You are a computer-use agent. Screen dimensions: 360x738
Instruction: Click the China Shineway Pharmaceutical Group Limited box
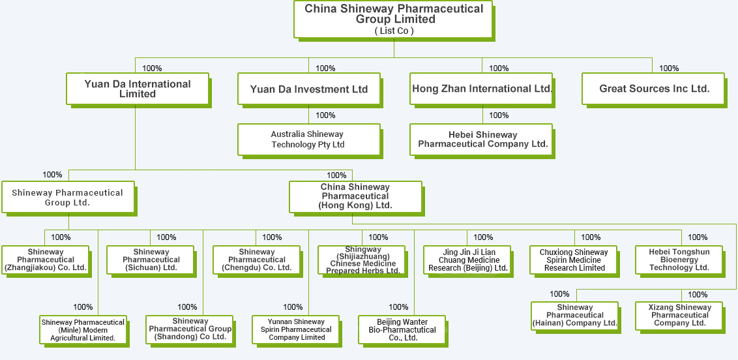point(394,19)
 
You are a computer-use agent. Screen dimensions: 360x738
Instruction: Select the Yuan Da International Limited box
point(138,89)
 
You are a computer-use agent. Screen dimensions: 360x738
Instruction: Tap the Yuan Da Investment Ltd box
point(309,89)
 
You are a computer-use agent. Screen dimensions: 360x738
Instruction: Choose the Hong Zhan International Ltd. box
point(482,89)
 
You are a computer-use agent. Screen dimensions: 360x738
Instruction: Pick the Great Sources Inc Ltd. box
point(654,89)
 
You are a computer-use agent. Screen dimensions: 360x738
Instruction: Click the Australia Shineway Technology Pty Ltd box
point(308,140)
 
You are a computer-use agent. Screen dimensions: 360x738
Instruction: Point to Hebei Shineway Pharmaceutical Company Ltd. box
point(482,140)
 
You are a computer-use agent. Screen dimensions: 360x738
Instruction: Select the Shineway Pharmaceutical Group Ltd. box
point(68,198)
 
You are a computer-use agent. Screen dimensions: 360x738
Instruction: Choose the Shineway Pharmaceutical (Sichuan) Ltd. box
point(151,260)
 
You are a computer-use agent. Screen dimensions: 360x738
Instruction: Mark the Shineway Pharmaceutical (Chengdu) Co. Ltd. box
point(257,260)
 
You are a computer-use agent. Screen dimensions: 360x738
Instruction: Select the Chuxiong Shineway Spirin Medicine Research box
point(574,260)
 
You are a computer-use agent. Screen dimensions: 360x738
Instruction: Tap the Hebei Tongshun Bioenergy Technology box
point(679,260)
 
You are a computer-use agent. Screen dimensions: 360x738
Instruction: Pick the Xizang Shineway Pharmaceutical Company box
point(679,315)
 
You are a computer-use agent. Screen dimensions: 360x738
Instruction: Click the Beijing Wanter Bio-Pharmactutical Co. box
point(402,329)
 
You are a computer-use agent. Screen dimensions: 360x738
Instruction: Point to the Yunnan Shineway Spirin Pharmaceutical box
point(297,329)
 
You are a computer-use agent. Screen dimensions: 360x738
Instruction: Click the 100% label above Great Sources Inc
point(669,68)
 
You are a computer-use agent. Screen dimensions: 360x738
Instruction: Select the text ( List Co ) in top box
point(394,31)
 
